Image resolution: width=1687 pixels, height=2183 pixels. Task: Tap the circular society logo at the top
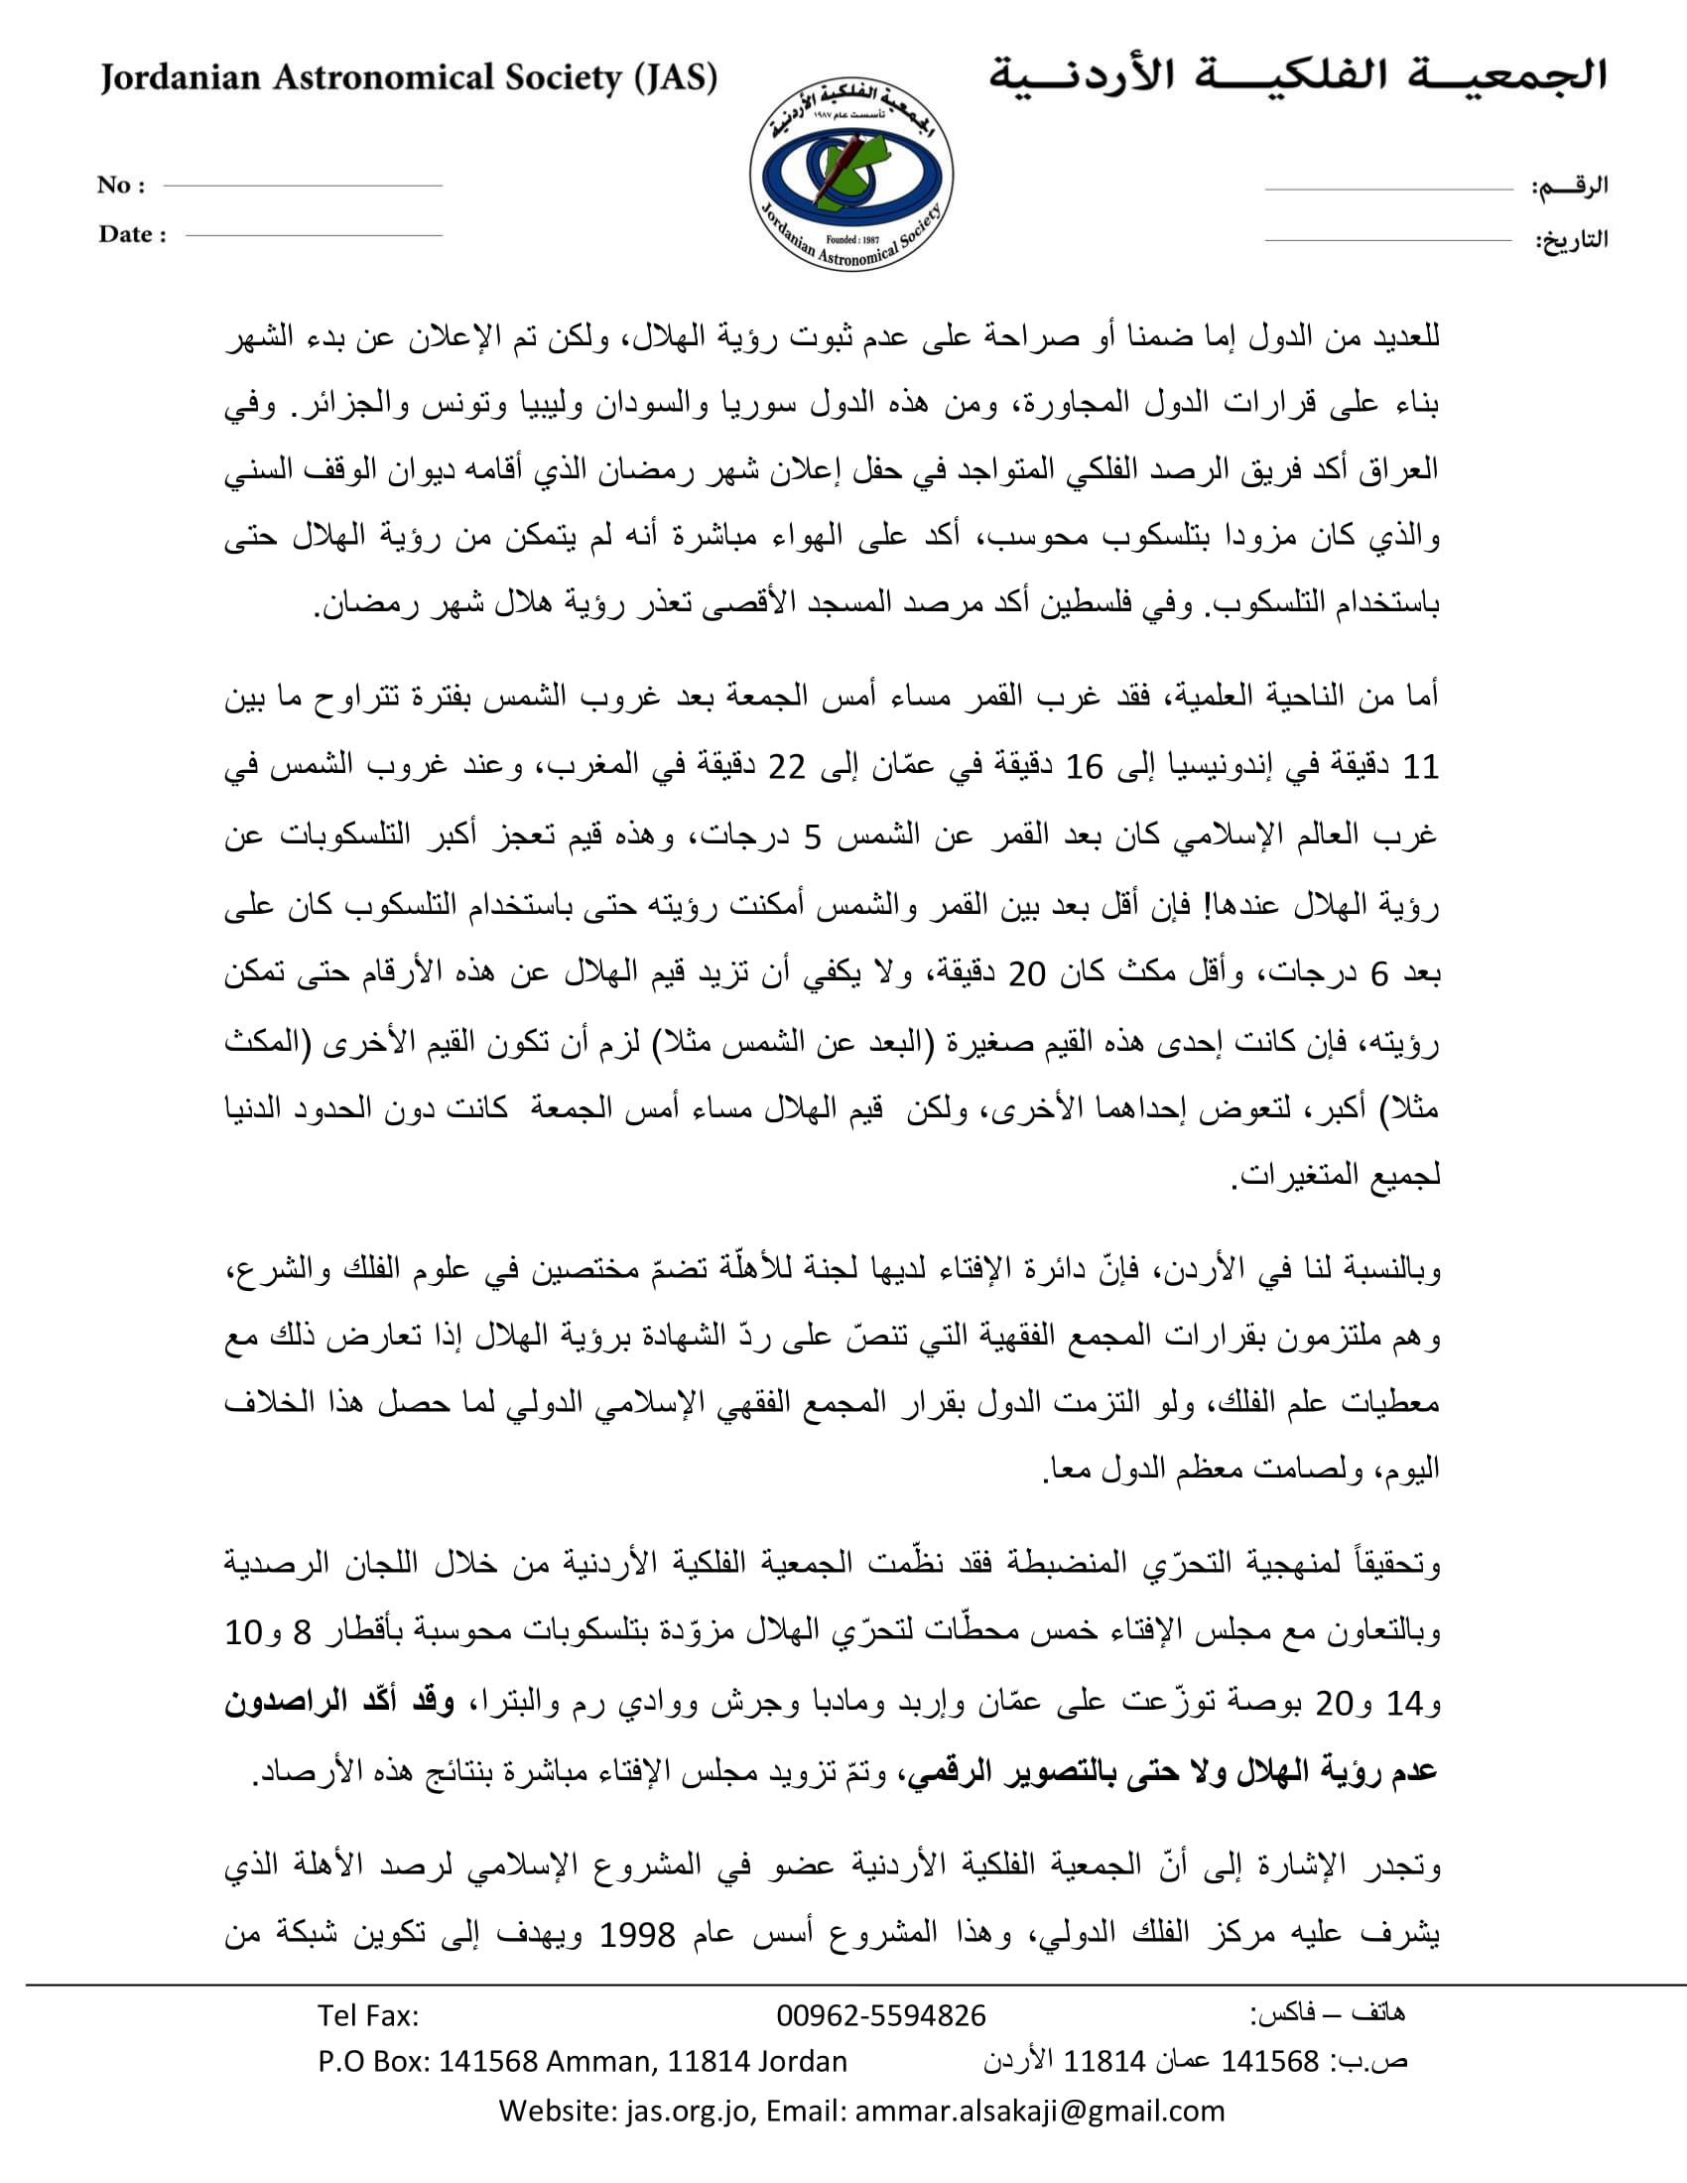point(851,174)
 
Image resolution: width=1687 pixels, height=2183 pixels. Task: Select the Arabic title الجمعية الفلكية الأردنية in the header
point(1298,76)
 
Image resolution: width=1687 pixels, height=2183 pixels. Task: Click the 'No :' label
point(121,185)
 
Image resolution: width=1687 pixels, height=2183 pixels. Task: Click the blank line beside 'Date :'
point(314,236)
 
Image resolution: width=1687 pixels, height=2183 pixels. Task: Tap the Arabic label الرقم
point(1570,186)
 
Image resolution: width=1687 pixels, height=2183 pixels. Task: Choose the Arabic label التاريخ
point(1571,240)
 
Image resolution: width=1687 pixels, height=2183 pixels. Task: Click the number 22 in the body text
point(786,768)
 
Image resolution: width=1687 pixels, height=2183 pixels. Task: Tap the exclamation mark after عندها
point(1208,905)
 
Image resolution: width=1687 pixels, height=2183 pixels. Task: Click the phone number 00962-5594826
point(880,2016)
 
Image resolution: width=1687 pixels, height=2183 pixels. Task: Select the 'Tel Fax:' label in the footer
point(368,2016)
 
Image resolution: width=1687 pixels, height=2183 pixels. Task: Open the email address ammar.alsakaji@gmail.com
point(1039,2111)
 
